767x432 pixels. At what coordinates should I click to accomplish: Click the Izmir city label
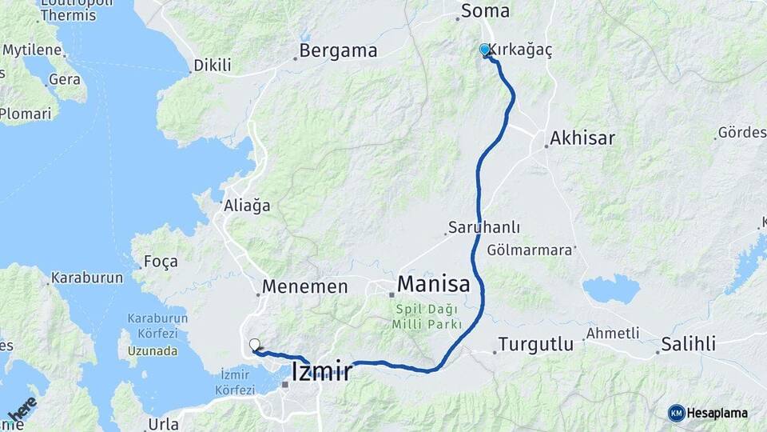coord(322,371)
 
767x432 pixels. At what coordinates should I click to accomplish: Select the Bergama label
coord(338,51)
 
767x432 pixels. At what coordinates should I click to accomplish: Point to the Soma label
coord(485,12)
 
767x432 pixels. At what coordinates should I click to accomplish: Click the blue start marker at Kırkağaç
coord(484,50)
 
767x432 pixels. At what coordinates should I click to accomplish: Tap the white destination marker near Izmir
coord(254,345)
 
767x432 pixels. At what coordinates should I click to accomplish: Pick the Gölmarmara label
coord(530,250)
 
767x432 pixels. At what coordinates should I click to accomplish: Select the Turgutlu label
coord(535,345)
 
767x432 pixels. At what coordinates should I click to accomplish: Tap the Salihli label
coord(688,345)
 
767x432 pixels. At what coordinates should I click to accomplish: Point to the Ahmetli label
coord(613,333)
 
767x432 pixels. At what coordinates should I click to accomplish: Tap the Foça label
coord(160,262)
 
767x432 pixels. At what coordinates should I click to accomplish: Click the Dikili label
coord(213,66)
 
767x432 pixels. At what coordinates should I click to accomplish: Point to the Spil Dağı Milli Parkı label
coord(427,316)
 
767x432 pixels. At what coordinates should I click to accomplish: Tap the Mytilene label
coord(33,50)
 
